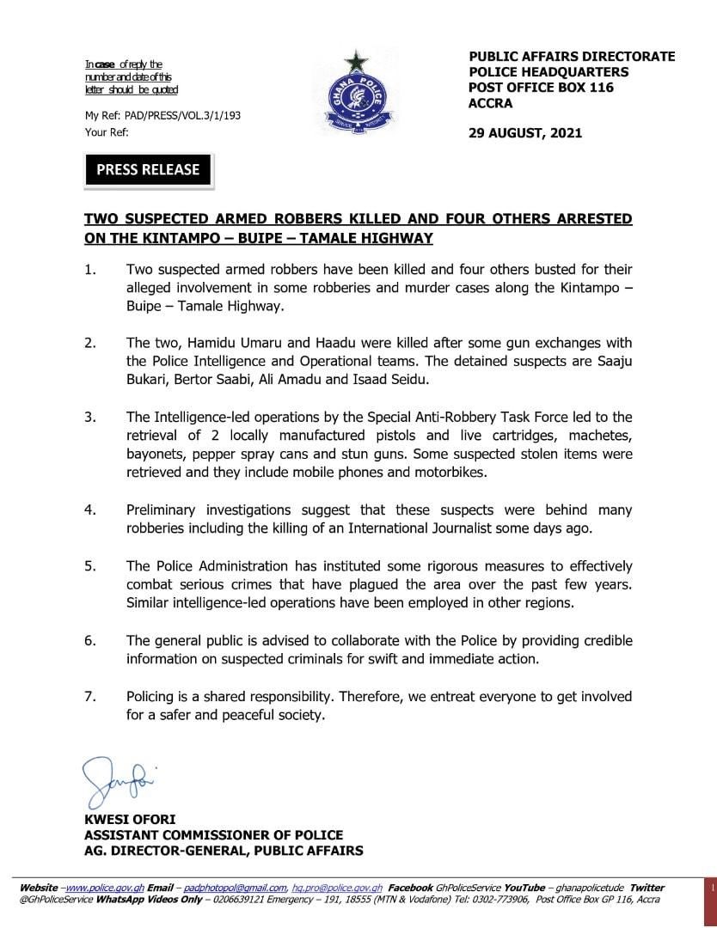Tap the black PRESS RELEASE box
[x=148, y=169]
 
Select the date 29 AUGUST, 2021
[x=525, y=132]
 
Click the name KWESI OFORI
[x=124, y=820]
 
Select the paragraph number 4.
[x=89, y=510]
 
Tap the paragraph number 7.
[x=89, y=696]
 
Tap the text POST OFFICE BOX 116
[x=541, y=88]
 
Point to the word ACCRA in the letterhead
[x=490, y=103]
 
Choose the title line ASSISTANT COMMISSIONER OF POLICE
[x=213, y=835]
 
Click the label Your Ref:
[x=106, y=133]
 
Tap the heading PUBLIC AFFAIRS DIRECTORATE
[x=572, y=57]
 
